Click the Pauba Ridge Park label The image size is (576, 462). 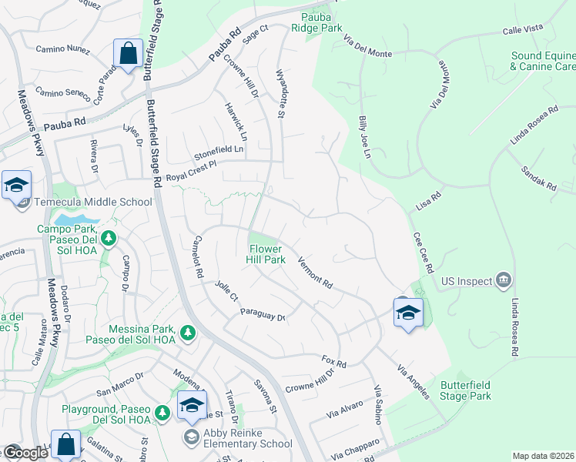316,21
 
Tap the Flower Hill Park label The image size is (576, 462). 266,254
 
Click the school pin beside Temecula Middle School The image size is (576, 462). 16,186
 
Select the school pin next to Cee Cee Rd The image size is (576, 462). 408,313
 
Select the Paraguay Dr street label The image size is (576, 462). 263,314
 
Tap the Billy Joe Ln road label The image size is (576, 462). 365,138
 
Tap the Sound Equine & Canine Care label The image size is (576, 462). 543,62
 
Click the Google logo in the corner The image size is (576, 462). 25,453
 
